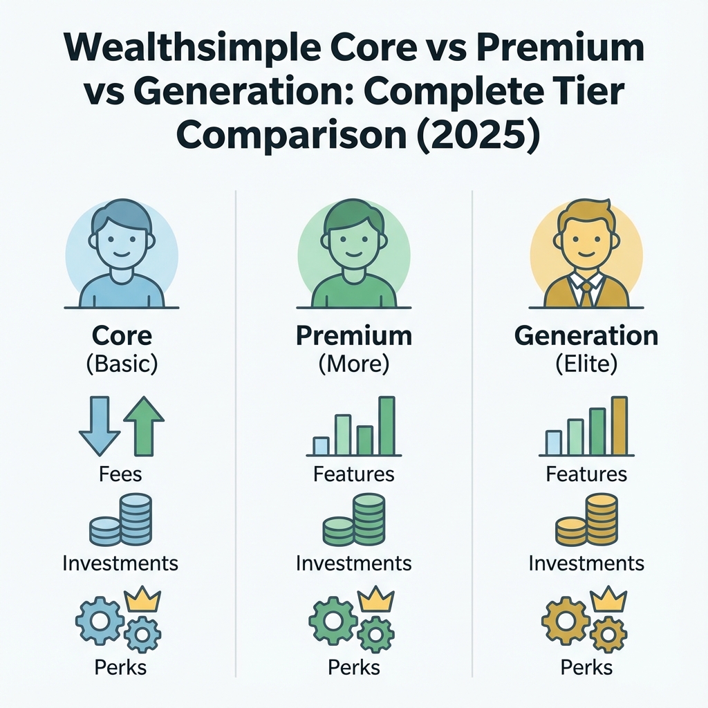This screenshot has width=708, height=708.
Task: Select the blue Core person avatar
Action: pos(121,254)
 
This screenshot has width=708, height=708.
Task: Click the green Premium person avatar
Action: pos(353,254)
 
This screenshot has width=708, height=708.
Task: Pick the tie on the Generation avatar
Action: pos(586,292)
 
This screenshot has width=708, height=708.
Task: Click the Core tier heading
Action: pos(121,336)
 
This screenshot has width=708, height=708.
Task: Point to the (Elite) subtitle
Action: pos(586,364)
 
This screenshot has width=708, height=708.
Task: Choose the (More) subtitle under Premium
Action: pos(353,364)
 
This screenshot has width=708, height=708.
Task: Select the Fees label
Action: pos(121,474)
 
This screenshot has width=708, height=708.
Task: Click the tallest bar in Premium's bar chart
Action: pos(386,425)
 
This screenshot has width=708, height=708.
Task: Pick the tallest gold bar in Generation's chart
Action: pos(619,425)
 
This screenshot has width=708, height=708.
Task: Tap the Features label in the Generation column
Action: pos(586,474)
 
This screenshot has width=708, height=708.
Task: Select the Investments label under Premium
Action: pos(353,563)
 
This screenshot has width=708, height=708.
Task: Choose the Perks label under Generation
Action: pos(586,667)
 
